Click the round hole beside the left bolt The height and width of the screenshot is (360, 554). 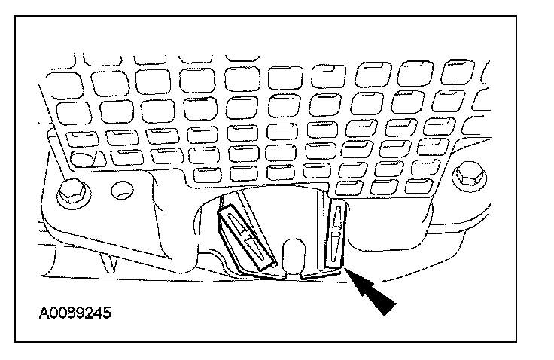click(117, 191)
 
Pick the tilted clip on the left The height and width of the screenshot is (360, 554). click(245, 236)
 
